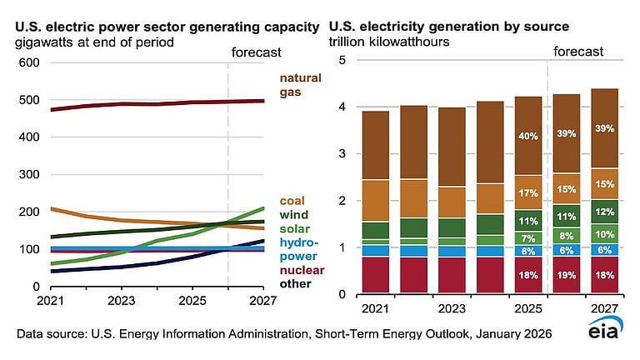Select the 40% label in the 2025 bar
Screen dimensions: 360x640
pyautogui.click(x=528, y=136)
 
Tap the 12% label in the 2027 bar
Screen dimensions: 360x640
pyautogui.click(x=605, y=212)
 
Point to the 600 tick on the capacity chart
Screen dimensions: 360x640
pyautogui.click(x=28, y=62)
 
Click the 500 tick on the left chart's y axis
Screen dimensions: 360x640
pyautogui.click(x=28, y=100)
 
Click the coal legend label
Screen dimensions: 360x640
pyautogui.click(x=292, y=201)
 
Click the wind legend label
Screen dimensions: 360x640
pyautogui.click(x=293, y=215)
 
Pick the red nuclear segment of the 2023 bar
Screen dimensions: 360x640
pyautogui.click(x=452, y=275)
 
